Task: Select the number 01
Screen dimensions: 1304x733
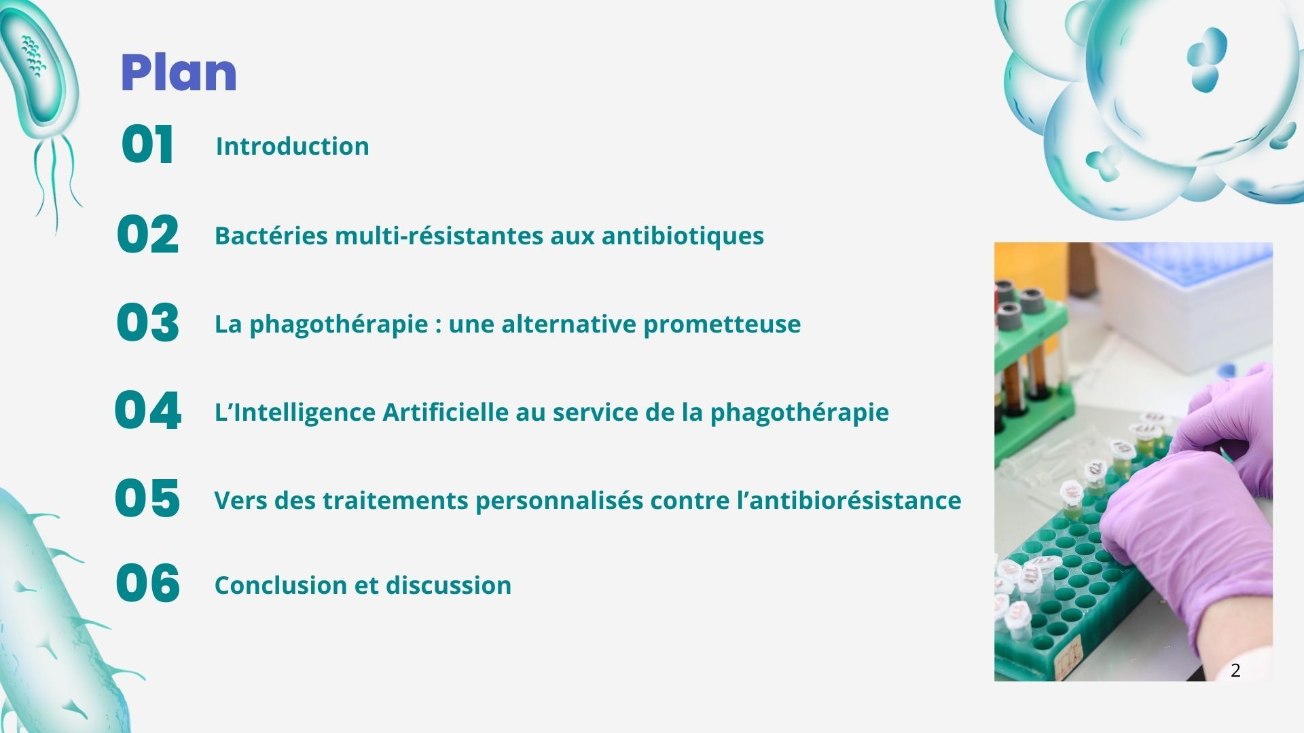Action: click(x=147, y=145)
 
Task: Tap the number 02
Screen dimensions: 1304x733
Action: click(x=147, y=235)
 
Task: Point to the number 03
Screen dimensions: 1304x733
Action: click(x=147, y=323)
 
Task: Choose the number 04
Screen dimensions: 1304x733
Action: click(x=147, y=411)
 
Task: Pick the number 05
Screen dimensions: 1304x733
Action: click(x=147, y=498)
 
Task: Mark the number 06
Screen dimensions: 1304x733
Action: click(x=147, y=583)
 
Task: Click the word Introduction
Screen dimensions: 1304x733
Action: click(x=293, y=146)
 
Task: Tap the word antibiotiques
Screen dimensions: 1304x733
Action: click(x=683, y=236)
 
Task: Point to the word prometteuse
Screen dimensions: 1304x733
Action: click(x=722, y=324)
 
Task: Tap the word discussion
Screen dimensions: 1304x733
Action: click(x=448, y=585)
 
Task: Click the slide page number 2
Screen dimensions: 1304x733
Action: click(x=1235, y=671)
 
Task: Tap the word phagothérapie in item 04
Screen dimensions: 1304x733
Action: click(x=799, y=413)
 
